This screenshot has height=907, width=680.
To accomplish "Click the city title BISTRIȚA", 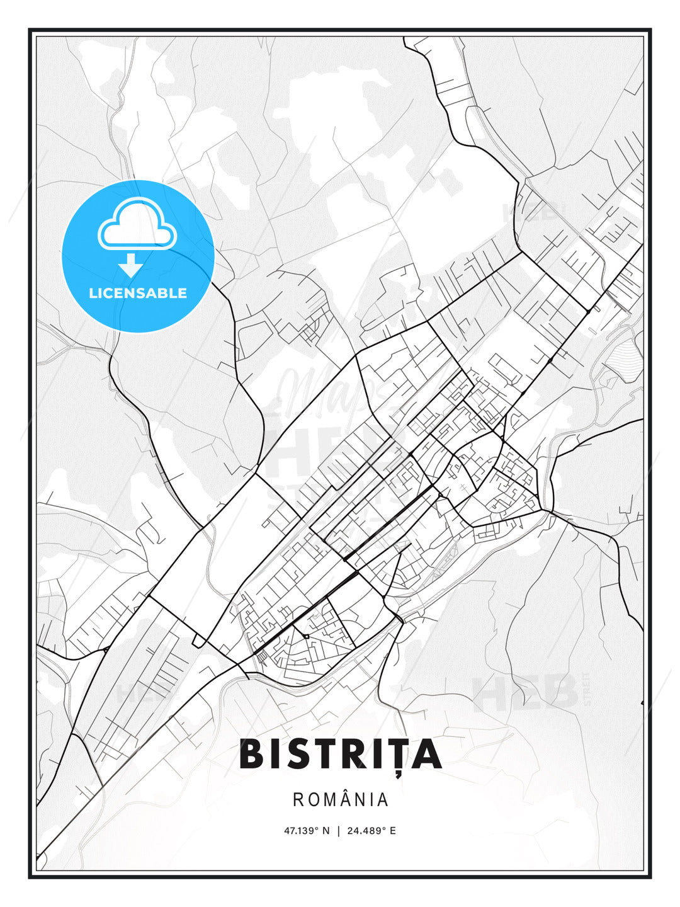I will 340,754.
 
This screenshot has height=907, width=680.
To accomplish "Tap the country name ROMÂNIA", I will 340,799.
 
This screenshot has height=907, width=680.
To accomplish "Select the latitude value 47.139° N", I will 306,830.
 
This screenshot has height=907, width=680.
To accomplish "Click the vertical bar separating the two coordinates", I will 339,830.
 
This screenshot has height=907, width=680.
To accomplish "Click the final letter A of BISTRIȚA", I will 426,754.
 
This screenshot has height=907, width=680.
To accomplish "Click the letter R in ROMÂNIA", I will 298,800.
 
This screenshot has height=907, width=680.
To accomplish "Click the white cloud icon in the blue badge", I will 137,225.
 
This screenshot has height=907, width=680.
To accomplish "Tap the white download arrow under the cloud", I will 130,265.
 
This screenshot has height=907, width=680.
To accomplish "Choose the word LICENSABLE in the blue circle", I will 138,293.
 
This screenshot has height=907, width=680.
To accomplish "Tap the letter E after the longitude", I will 393,830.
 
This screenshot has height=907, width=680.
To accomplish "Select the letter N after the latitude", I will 326,830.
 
